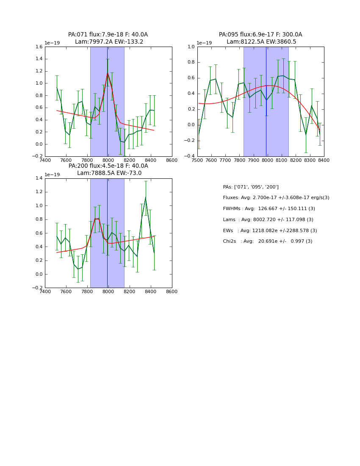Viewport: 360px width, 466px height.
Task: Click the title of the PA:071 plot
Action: pyautogui.click(x=108, y=38)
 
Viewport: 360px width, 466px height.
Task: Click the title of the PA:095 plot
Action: pyautogui.click(x=260, y=38)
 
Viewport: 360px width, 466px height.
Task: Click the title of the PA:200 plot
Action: pyautogui.click(x=108, y=169)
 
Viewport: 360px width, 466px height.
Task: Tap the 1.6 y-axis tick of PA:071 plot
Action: pyautogui.click(x=39, y=47)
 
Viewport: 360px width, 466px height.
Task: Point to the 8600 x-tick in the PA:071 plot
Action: pyautogui.click(x=172, y=160)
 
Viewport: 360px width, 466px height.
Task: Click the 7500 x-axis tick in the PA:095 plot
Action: pyautogui.click(x=197, y=160)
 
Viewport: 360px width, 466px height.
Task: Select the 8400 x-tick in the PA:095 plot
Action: pyautogui.click(x=324, y=160)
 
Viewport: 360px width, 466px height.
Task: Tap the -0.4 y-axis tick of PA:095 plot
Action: pyautogui.click(x=190, y=156)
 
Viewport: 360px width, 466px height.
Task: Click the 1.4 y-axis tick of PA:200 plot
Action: pyautogui.click(x=39, y=178)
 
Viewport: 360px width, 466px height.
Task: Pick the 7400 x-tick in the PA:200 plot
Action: pyautogui.click(x=45, y=291)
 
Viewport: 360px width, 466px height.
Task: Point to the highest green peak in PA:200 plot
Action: pyautogui.click(x=145, y=197)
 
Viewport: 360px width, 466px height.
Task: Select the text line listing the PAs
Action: pyautogui.click(x=251, y=187)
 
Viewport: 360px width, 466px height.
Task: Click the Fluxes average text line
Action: pyautogui.click(x=276, y=198)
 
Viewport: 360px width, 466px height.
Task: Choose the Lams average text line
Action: pyautogui.click(x=268, y=220)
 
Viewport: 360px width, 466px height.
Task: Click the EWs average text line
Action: pyautogui.click(x=270, y=231)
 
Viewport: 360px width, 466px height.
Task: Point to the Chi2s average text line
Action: pyautogui.click(x=267, y=241)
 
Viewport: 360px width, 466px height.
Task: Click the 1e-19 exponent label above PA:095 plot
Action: pyautogui.click(x=204, y=43)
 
